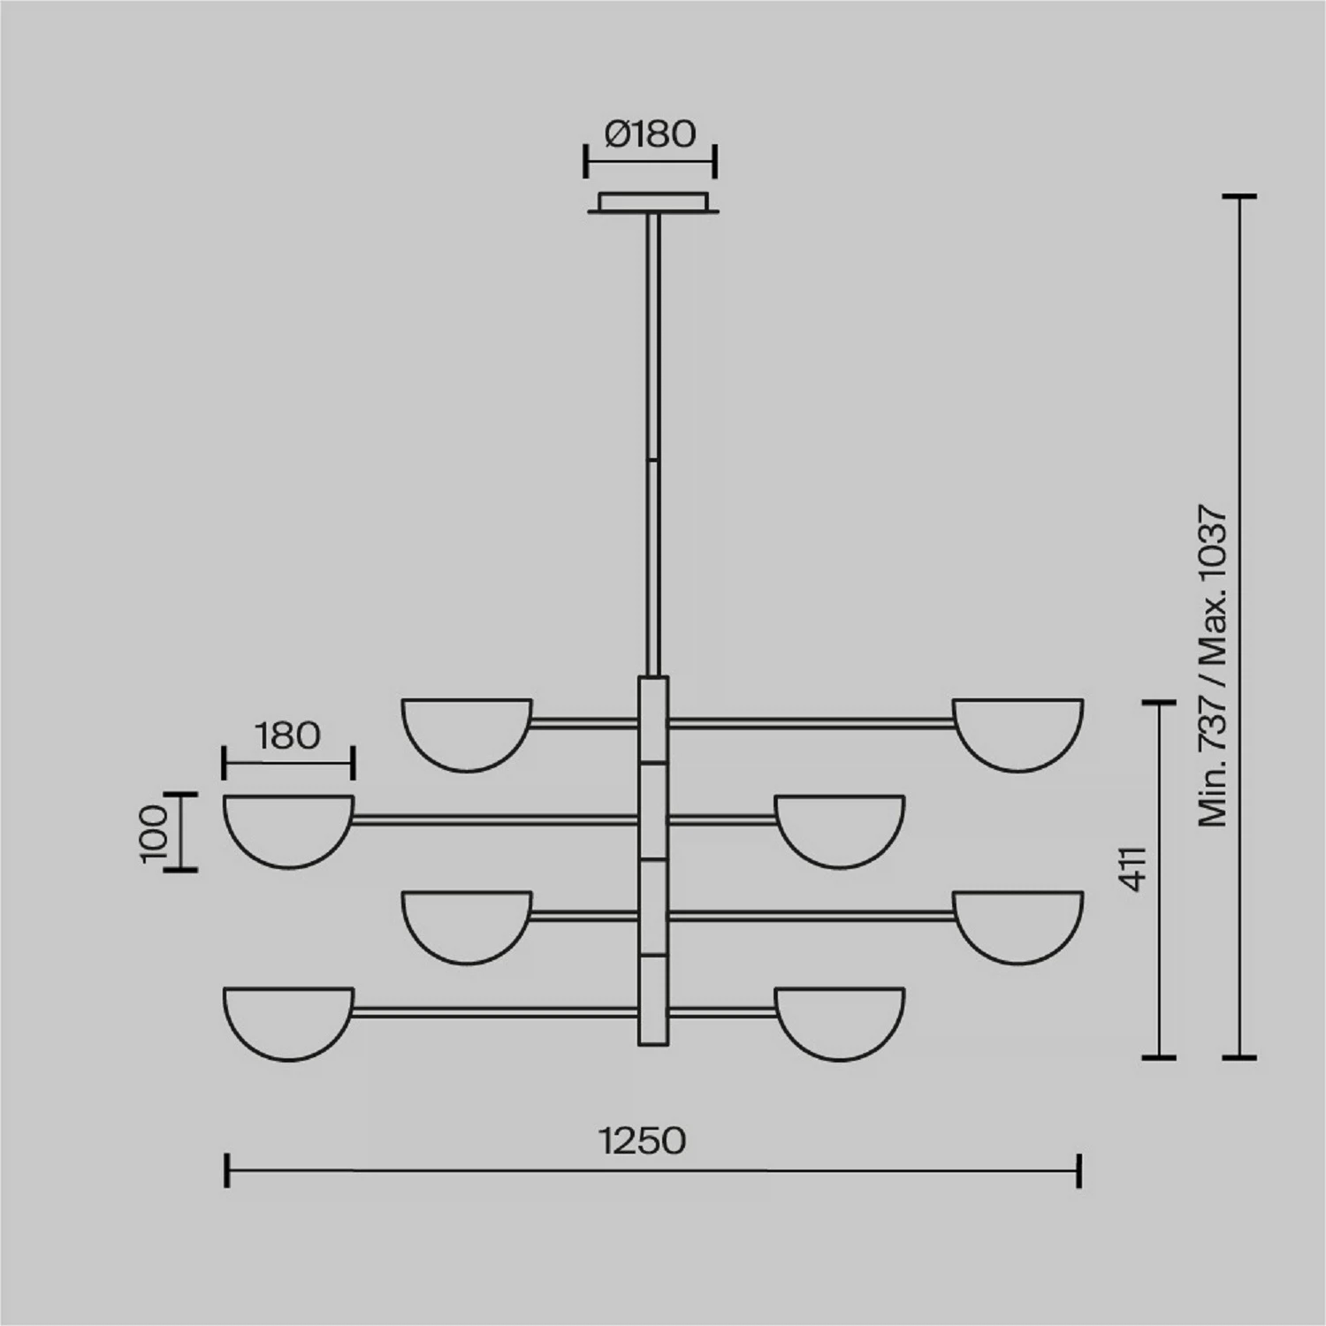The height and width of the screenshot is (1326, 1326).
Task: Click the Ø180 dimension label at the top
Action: tap(651, 134)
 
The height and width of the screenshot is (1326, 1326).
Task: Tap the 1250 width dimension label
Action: tap(643, 1141)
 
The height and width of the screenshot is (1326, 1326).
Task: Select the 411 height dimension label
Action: tap(1134, 869)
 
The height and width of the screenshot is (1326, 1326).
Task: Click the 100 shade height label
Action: tap(154, 832)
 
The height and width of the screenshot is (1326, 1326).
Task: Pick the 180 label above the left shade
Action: tap(288, 735)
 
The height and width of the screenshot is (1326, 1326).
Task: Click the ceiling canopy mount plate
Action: tap(652, 202)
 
